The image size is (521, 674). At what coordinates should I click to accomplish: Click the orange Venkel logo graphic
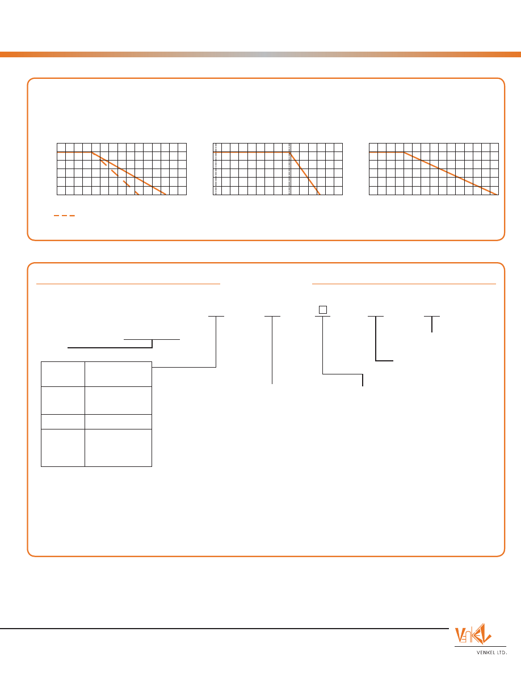pos(473,634)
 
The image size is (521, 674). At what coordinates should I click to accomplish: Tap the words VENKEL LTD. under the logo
pos(491,652)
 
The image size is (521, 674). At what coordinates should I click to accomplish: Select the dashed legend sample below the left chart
pos(64,216)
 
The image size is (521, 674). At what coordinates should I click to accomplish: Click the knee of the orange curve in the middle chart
pos(290,153)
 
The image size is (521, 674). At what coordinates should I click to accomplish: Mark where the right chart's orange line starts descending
pos(404,153)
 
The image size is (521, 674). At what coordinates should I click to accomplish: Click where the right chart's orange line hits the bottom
pos(498,195)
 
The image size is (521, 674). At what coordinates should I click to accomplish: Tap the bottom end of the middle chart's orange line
pos(320,195)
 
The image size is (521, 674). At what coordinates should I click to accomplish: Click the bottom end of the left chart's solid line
pos(166,195)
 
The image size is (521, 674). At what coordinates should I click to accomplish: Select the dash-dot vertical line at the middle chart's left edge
pos(215,169)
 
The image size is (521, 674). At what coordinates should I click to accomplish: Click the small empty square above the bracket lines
pos(323,310)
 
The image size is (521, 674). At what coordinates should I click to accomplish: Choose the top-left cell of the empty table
pos(63,374)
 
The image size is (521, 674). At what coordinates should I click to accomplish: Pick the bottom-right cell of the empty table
pos(118,448)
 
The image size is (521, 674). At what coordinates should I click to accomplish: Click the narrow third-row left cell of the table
pos(63,422)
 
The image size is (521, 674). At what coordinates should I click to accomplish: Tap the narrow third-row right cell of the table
pos(118,422)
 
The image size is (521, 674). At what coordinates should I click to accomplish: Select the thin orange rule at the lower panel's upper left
pos(128,284)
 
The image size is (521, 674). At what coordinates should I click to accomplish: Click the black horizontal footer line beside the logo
pos(224,629)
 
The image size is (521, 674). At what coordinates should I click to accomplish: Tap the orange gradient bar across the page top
pos(260,54)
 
